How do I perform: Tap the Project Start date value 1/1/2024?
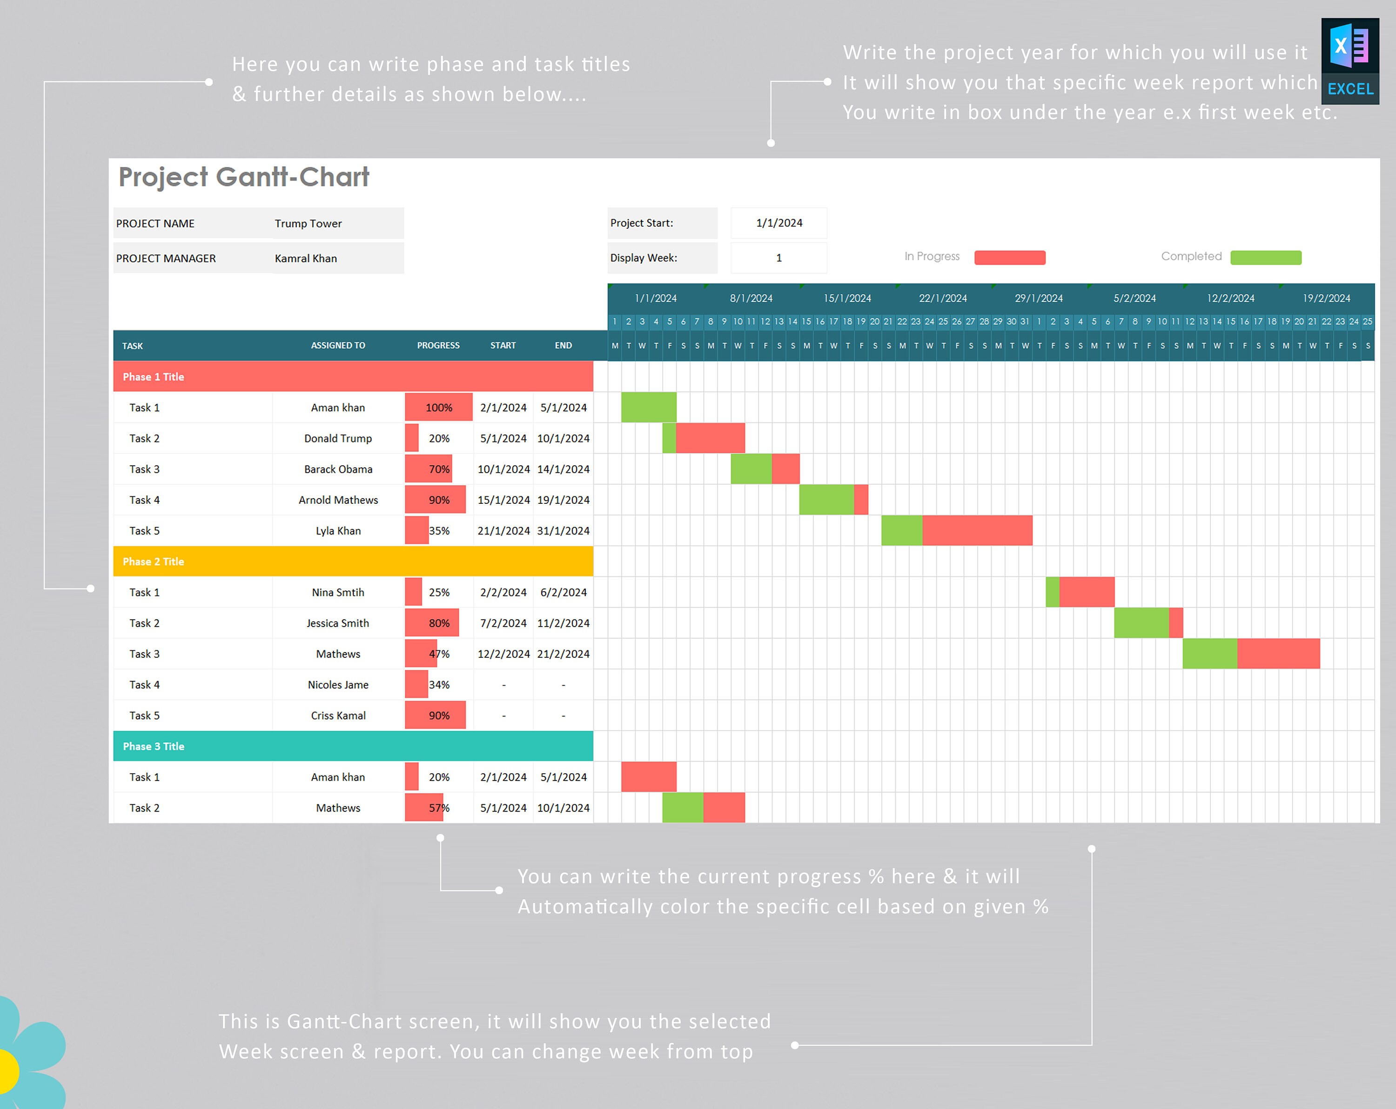click(x=779, y=223)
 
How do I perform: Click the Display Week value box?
click(x=779, y=258)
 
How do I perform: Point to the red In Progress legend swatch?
click(x=1009, y=257)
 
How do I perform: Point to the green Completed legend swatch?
click(x=1265, y=257)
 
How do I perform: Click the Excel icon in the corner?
click(x=1349, y=61)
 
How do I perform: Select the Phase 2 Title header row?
click(x=353, y=561)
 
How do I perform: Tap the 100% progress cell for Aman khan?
click(x=438, y=407)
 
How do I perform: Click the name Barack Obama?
click(x=338, y=469)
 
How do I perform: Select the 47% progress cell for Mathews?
click(x=438, y=654)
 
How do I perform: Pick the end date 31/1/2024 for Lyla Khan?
click(x=563, y=530)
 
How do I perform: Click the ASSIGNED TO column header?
click(x=338, y=345)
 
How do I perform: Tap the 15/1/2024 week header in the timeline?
click(x=847, y=298)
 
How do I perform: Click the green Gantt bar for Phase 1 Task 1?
click(x=649, y=407)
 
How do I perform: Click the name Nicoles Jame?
click(x=338, y=684)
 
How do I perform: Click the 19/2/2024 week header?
click(x=1326, y=298)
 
